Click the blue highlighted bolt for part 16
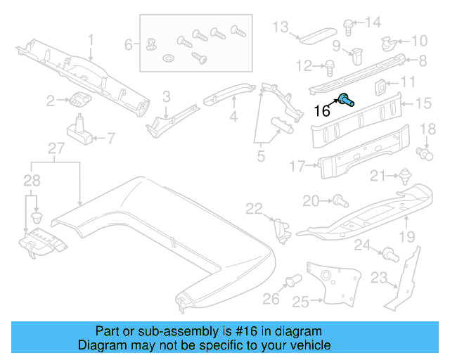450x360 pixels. pos(347,99)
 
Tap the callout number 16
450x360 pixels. pos(321,111)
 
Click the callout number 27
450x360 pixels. pos(56,148)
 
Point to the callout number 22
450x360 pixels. pos(253,208)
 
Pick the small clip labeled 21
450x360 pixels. pos(404,176)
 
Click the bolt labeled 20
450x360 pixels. pos(338,202)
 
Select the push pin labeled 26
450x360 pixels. pos(290,283)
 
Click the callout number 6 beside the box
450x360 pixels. pos(129,44)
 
